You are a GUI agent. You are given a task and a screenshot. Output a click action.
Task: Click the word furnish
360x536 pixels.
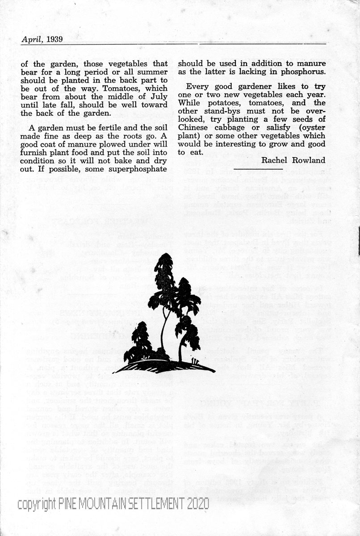click(x=34, y=153)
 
